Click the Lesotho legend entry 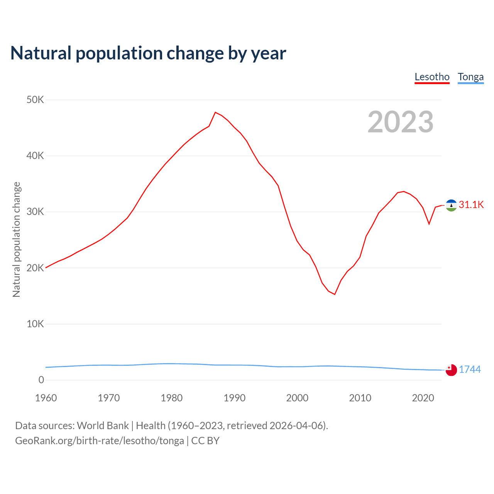(x=432, y=77)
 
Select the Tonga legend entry (x=470, y=77)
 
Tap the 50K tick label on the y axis (x=35, y=100)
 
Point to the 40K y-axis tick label (x=35, y=156)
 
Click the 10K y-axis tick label (x=35, y=324)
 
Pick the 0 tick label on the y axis (x=41, y=380)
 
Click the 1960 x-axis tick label (x=46, y=398)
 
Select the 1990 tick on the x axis (x=234, y=398)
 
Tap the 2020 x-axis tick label (x=423, y=398)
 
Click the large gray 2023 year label (x=400, y=122)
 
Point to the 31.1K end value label (x=471, y=205)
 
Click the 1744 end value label (x=470, y=369)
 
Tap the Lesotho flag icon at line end (x=451, y=205)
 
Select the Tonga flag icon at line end (x=451, y=370)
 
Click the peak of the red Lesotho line (x=215, y=112)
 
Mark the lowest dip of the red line (x=335, y=294)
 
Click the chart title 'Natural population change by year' (x=148, y=53)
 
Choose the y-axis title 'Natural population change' (x=16, y=239)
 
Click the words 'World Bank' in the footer (x=103, y=425)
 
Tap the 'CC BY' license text (x=205, y=441)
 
